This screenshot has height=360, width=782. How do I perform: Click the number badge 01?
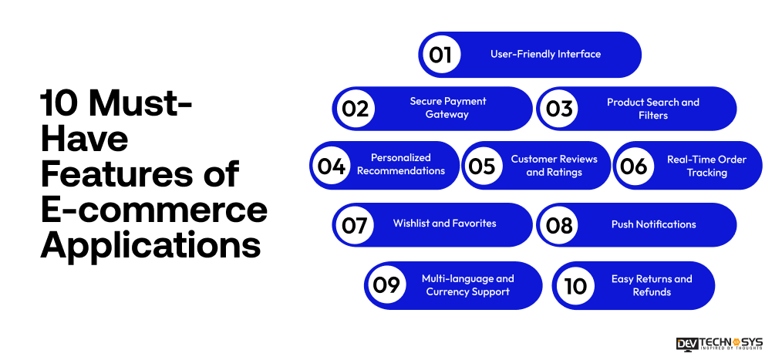coord(440,55)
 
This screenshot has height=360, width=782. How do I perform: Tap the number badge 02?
coord(355,109)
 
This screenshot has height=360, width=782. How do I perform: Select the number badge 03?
coord(559,109)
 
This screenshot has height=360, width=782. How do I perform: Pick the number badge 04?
coord(332,166)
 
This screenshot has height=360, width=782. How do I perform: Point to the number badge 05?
coord(483,166)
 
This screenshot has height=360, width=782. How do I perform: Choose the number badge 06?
coord(634,166)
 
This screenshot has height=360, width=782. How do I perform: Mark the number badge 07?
coord(355,225)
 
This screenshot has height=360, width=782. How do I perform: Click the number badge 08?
coord(559,225)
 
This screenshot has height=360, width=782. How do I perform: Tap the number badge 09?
coord(386,285)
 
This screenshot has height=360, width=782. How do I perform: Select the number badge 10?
coord(575,285)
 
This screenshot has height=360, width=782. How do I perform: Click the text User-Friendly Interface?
coord(545,55)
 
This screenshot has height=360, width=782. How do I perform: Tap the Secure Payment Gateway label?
coord(447,108)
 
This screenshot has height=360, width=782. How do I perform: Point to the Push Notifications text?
coord(653,225)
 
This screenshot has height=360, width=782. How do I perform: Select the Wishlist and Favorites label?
coord(444,224)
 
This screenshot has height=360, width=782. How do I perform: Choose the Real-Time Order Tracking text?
coord(706,166)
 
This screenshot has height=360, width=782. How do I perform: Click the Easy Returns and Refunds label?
coord(652,285)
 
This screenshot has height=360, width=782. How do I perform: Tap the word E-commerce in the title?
coord(153,209)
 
